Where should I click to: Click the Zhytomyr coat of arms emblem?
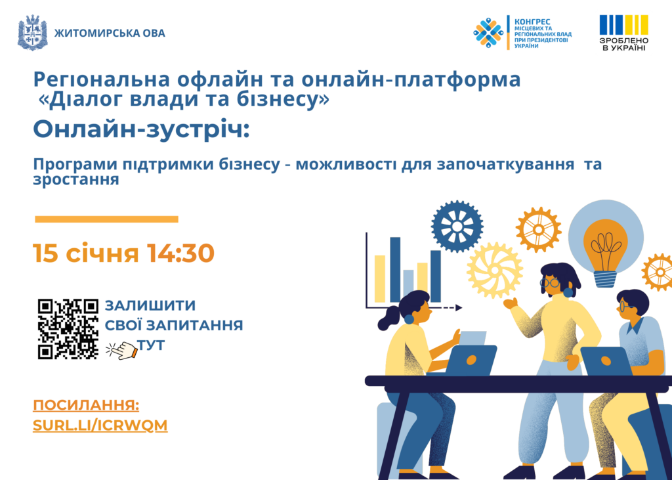point(32,33)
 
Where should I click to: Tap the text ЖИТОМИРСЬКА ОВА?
point(110,33)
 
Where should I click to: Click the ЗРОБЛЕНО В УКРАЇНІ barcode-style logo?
point(623,33)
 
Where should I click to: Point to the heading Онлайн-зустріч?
point(142,129)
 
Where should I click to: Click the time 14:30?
point(180,253)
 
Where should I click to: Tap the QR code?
point(68,329)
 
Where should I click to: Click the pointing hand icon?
point(121,350)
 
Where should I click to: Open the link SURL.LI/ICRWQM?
point(100,425)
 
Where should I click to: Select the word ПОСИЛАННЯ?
point(86,405)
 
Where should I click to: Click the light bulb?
point(606,253)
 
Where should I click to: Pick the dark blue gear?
point(457,226)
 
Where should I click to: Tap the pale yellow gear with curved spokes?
point(495,271)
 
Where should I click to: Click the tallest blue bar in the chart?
point(395,270)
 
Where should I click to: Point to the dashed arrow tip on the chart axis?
point(459,307)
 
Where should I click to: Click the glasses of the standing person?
point(549,282)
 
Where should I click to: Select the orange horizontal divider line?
point(106,219)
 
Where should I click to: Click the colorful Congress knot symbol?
point(488,33)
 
